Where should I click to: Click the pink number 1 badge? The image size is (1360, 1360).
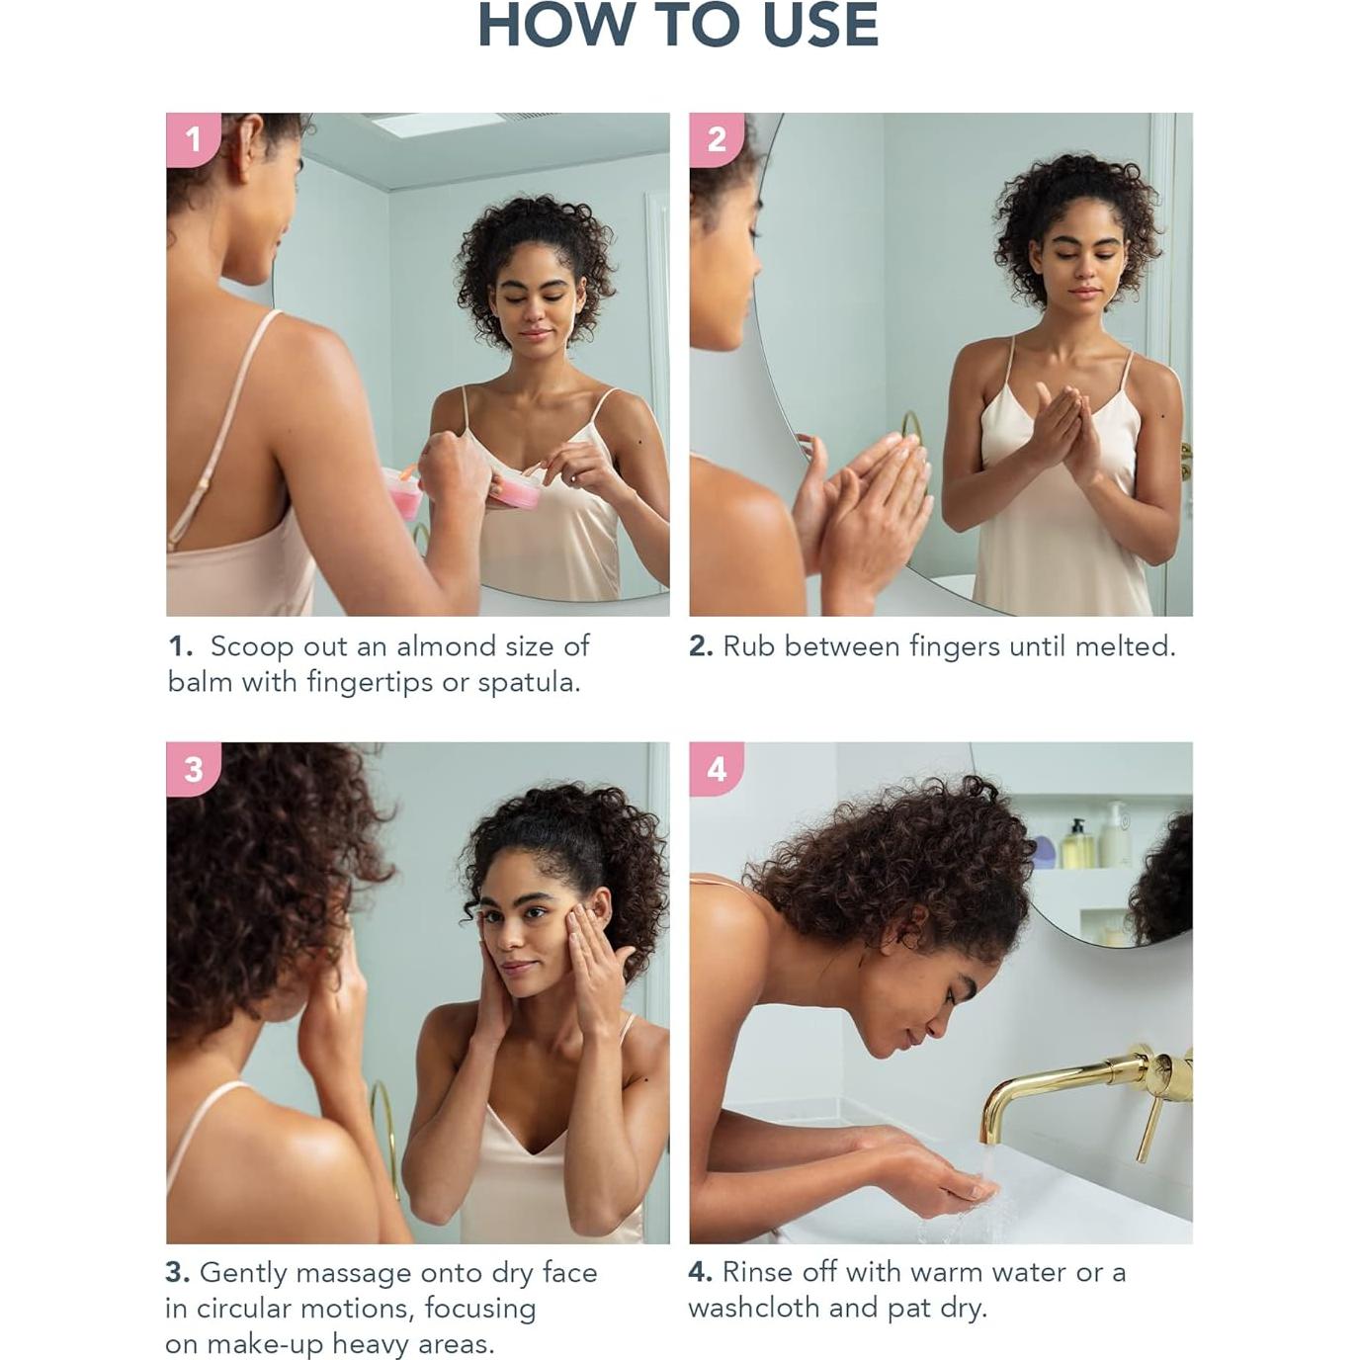(x=194, y=139)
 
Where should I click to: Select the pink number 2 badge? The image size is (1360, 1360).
(x=717, y=139)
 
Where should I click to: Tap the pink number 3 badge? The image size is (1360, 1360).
(x=194, y=769)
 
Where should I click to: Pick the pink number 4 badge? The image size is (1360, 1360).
(x=717, y=769)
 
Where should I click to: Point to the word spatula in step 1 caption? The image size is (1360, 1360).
(x=529, y=683)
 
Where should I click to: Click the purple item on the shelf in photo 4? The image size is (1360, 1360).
(x=1044, y=852)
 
